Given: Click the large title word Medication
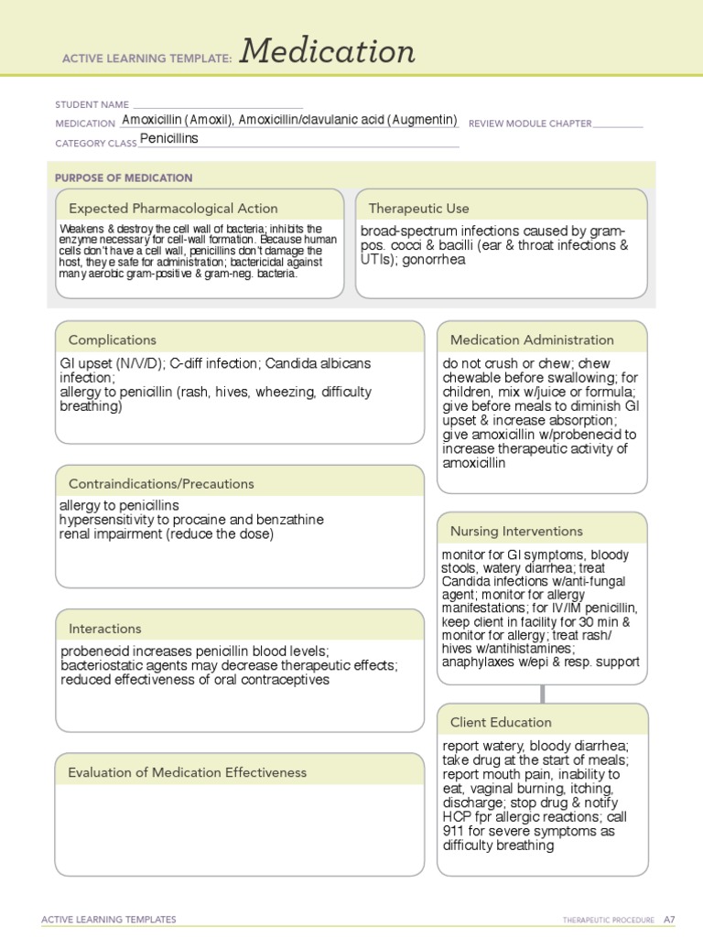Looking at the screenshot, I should click(328, 53).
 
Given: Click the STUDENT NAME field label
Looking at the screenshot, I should click(92, 105).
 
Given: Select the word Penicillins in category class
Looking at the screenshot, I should click(168, 139).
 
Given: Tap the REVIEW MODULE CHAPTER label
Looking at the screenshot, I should click(530, 124).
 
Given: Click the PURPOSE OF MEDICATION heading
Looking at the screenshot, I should click(124, 178).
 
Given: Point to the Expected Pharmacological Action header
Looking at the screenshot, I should click(173, 208).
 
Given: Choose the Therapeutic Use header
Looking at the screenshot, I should click(418, 208).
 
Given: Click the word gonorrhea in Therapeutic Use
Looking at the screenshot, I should click(431, 259).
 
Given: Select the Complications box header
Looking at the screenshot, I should click(112, 339).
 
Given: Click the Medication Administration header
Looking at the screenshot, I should click(532, 339).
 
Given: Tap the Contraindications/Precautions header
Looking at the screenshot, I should click(161, 483).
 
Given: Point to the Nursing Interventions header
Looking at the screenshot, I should click(516, 531).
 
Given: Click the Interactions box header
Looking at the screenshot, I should click(104, 629).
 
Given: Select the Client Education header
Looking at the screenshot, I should click(500, 722).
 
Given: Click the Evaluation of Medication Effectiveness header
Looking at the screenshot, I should click(187, 772).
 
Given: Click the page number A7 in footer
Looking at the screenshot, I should click(669, 919).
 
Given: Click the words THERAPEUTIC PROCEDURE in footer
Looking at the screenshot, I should click(609, 919).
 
